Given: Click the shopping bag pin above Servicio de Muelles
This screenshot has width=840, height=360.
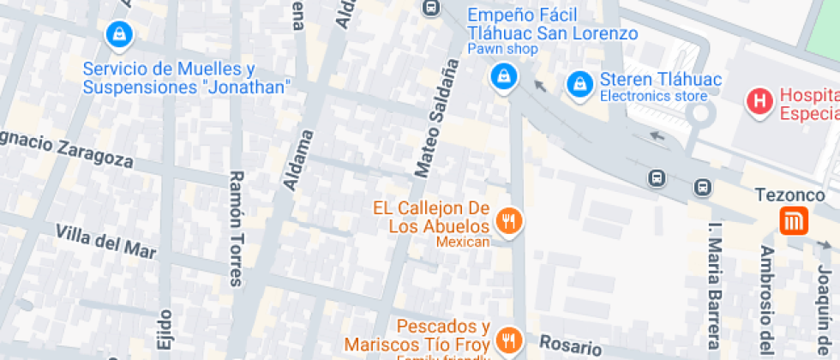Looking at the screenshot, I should tap(117, 34).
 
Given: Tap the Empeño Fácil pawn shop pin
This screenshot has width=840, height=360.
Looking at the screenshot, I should tap(503, 75).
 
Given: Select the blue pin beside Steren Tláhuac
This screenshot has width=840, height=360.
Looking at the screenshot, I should tap(580, 83).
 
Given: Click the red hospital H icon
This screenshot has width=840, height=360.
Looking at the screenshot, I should tap(759, 102).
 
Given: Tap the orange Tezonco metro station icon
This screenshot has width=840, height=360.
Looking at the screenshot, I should tap(794, 222).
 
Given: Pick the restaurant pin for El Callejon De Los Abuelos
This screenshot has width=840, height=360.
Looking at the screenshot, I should tap(510, 221).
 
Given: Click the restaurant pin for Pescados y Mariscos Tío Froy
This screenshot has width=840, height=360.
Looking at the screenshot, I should tap(510, 339).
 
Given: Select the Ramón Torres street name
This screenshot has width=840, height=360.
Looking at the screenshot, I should tap(237, 227).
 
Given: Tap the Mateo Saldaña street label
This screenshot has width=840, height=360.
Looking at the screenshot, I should tap(434, 119).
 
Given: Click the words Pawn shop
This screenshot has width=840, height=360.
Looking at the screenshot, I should tap(502, 49).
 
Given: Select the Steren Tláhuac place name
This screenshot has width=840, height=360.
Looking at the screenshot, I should tap(661, 80).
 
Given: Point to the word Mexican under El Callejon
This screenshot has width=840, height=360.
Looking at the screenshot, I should tap(463, 243).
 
